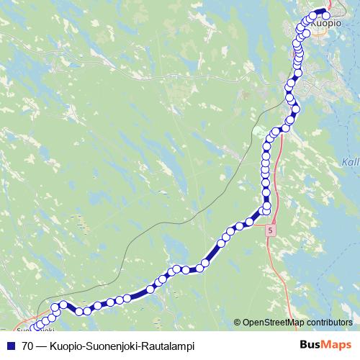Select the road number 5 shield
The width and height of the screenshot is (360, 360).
coord(269,230)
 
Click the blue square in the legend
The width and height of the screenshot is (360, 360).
coord(10,346)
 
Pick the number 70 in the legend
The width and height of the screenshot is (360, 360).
coord(27,346)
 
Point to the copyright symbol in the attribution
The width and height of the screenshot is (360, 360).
coord(238,323)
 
